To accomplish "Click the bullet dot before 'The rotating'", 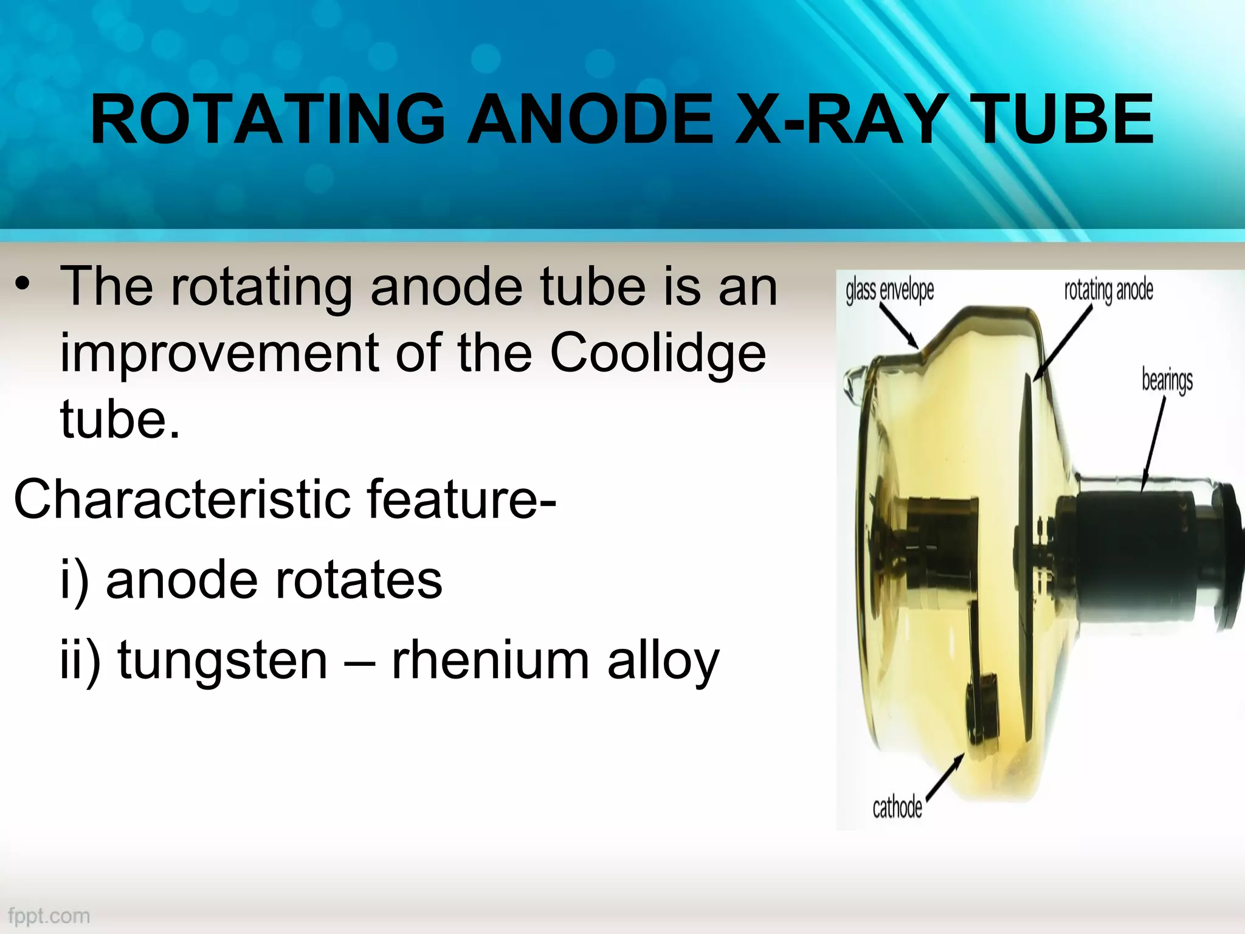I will click(24, 285).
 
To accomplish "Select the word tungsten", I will click(222, 661).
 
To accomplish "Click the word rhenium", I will click(490, 661).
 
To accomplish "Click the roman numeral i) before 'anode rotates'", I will click(74, 581).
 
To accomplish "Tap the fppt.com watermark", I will click(49, 916).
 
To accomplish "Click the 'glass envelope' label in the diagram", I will click(889, 291).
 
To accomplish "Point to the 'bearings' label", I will click(1167, 381).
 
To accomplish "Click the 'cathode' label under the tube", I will click(897, 808).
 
